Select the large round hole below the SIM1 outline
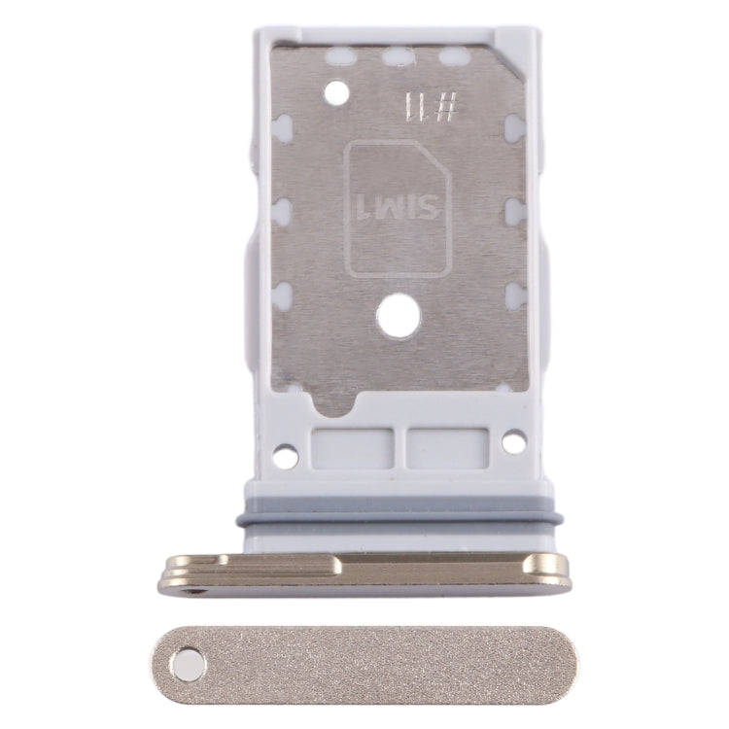click(399, 317)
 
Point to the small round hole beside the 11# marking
click(335, 93)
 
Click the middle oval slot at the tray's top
click(397, 57)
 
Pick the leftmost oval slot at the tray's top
click(339, 57)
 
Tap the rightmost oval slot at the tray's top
click(454, 57)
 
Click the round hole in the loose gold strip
click(187, 666)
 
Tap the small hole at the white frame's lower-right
click(513, 441)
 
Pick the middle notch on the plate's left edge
click(282, 211)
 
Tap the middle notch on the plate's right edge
click(515, 211)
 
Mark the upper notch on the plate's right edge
click(515, 127)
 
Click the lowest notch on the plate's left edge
click(282, 296)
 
